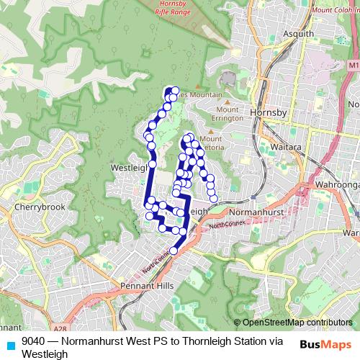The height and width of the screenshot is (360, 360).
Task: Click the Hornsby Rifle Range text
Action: (176, 9)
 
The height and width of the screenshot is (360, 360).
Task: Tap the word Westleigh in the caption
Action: (45, 354)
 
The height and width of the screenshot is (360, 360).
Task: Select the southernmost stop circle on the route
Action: (174, 251)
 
